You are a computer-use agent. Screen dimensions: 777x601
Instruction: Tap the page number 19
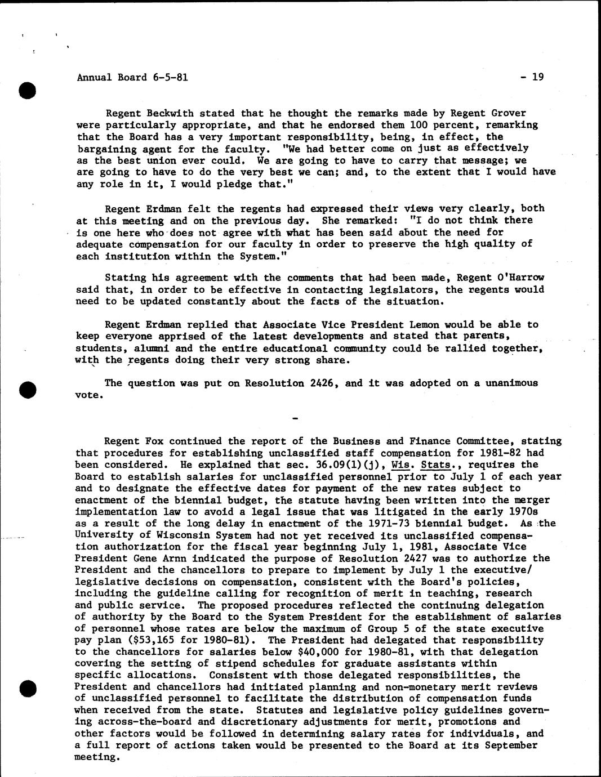(537, 77)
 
